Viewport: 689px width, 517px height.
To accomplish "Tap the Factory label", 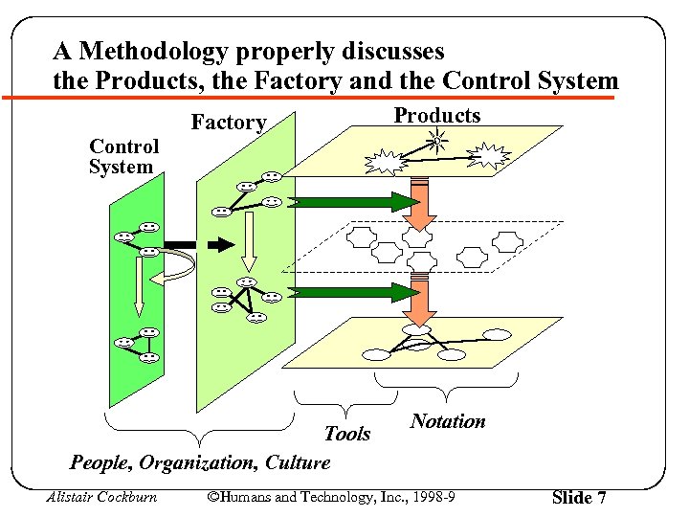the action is [x=229, y=123].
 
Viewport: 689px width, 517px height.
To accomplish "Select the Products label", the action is [x=437, y=116].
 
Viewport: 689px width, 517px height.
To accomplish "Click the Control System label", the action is [x=123, y=157].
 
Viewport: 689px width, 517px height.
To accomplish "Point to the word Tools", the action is [x=346, y=434].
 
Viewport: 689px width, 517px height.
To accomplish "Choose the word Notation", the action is [x=448, y=421].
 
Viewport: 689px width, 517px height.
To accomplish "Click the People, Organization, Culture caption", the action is [x=200, y=462].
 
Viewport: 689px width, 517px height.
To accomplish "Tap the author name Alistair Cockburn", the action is [x=101, y=497].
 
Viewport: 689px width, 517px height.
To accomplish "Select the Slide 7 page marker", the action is [x=579, y=498].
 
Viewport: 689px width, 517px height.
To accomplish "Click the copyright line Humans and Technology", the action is [x=330, y=497].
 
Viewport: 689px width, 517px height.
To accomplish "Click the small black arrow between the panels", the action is [x=220, y=245].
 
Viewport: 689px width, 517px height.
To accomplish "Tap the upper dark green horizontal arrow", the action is [x=354, y=202].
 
